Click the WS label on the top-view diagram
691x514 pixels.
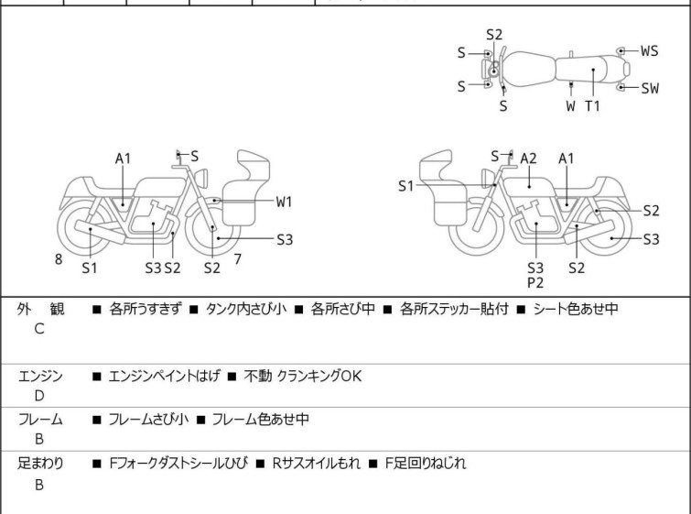pyautogui.click(x=649, y=51)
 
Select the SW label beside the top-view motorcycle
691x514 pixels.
pyautogui.click(x=649, y=88)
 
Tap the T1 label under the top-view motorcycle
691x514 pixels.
pyautogui.click(x=593, y=105)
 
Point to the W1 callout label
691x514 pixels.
pyautogui.click(x=284, y=201)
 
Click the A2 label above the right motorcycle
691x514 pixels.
pyautogui.click(x=529, y=159)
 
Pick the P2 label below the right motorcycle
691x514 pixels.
pyautogui.click(x=535, y=283)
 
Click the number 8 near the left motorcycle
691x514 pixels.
pyautogui.click(x=59, y=259)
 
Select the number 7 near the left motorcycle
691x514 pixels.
pyautogui.click(x=237, y=259)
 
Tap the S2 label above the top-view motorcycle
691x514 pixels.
pyautogui.click(x=494, y=34)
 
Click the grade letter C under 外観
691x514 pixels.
pyautogui.click(x=38, y=329)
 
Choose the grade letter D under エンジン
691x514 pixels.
pyautogui.click(x=38, y=396)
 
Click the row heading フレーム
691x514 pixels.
pyautogui.click(x=40, y=420)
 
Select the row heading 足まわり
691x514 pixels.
pyautogui.click(x=40, y=464)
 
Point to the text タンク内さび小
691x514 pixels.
pyautogui.click(x=246, y=309)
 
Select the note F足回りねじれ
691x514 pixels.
pyautogui.click(x=425, y=464)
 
